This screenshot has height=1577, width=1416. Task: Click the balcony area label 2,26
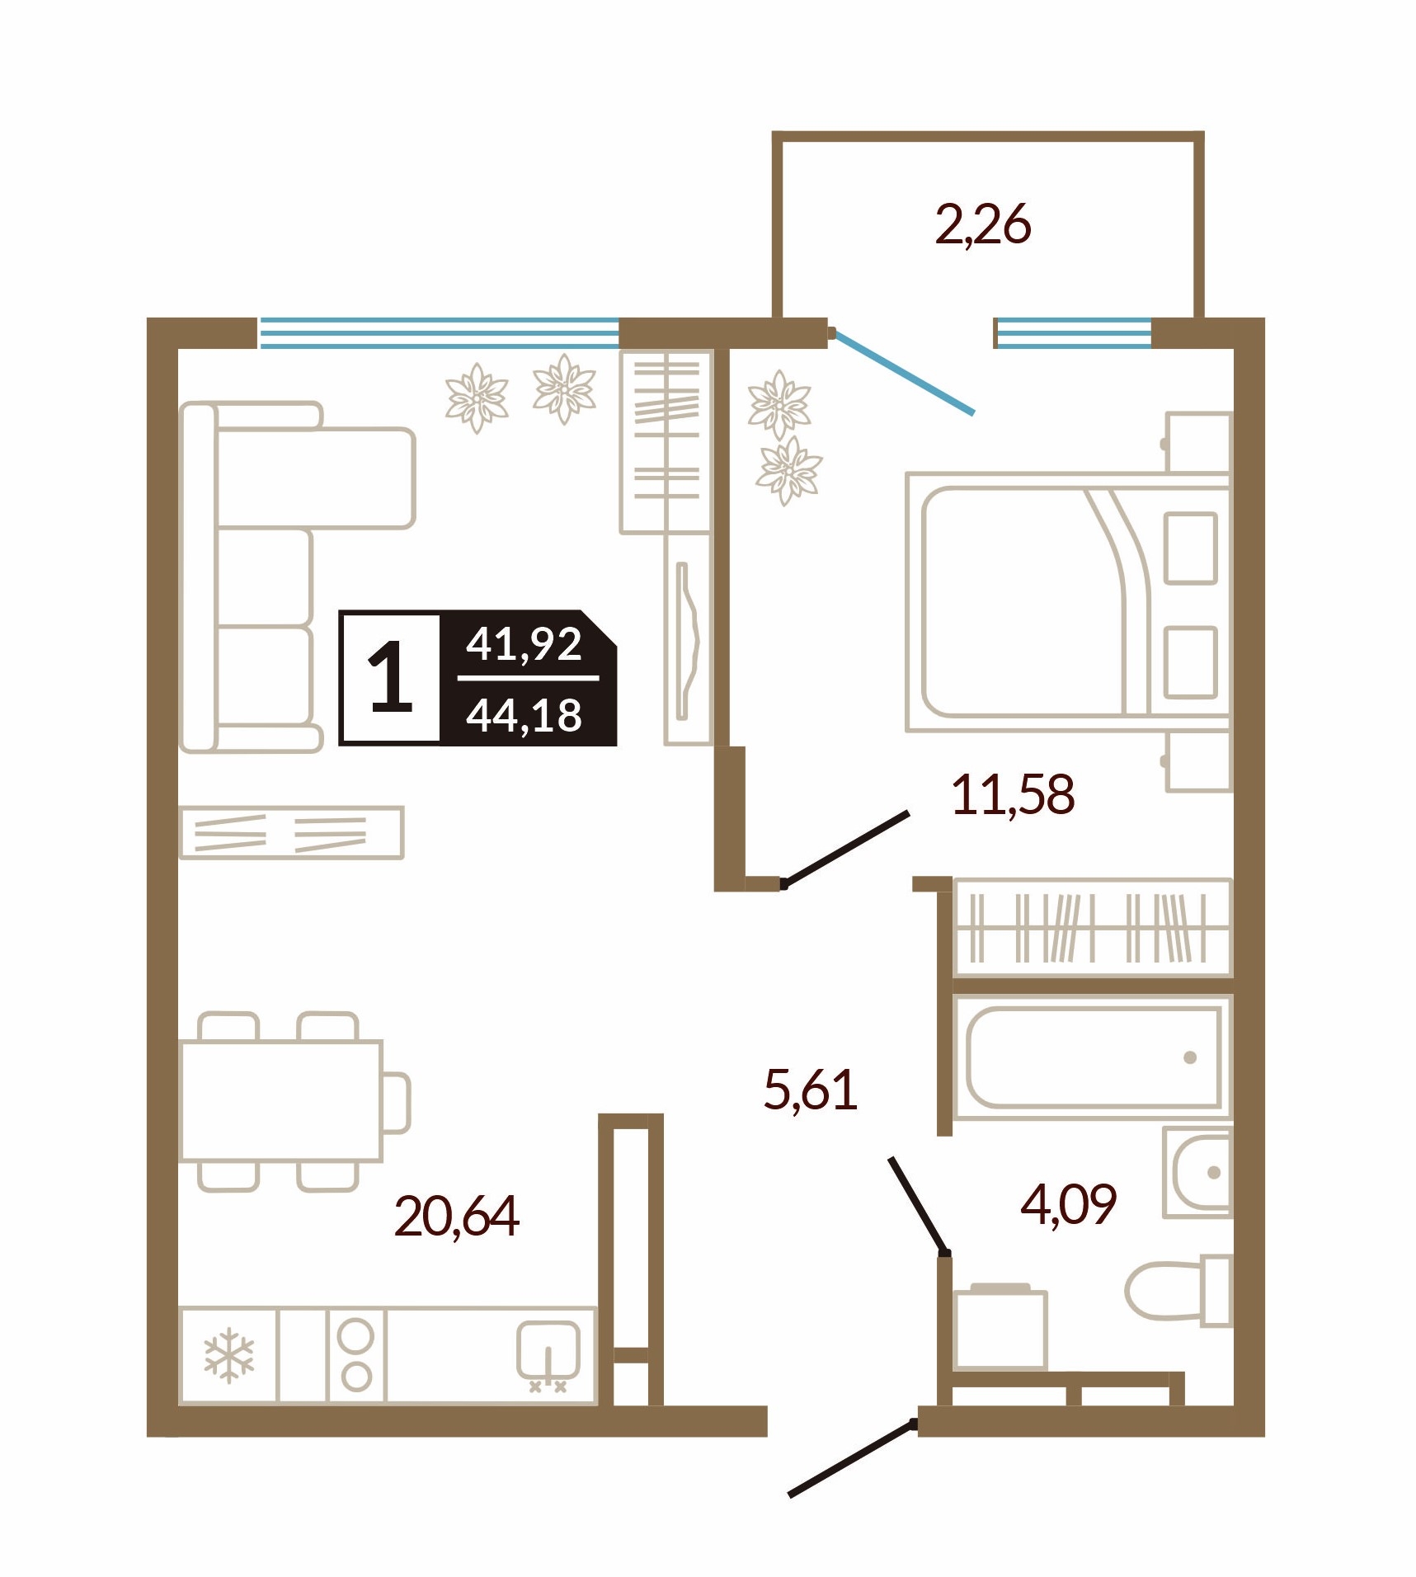click(982, 224)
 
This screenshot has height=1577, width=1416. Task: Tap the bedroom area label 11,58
click(1013, 794)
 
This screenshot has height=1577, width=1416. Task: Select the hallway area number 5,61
click(811, 1089)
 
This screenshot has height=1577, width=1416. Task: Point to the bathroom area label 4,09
click(1068, 1203)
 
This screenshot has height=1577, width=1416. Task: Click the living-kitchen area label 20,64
click(457, 1216)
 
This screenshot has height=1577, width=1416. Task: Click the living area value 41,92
click(525, 643)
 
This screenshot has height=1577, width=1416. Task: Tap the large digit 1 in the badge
click(390, 678)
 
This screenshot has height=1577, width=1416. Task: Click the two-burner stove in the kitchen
click(356, 1355)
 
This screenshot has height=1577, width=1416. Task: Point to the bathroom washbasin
click(1197, 1172)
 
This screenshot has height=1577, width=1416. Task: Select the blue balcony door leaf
click(902, 372)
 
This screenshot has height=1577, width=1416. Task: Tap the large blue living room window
click(440, 333)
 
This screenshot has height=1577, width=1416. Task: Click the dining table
click(281, 1101)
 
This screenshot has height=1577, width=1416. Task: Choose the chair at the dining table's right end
click(397, 1103)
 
